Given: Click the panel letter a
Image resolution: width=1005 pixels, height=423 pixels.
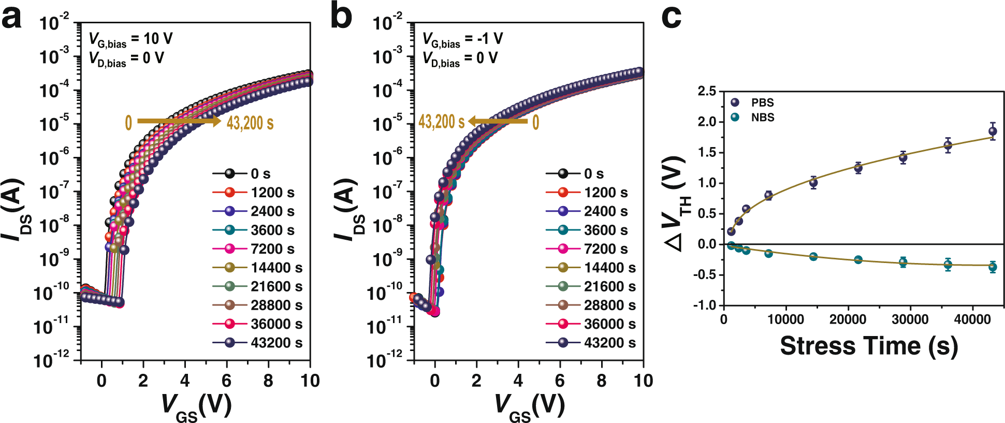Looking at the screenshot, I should [11, 19].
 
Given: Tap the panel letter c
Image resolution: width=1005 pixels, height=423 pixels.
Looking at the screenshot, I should [672, 19].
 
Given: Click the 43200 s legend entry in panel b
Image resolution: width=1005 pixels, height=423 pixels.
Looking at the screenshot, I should [590, 343].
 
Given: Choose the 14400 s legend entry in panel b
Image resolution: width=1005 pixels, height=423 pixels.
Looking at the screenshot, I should [590, 268].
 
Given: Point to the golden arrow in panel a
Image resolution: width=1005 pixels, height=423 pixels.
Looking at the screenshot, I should [179, 121].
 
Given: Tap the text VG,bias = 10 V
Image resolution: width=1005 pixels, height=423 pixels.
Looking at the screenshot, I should [130, 39].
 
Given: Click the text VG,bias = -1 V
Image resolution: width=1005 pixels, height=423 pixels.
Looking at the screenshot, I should [462, 39].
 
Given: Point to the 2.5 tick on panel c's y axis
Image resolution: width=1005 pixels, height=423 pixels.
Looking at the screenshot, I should [707, 91].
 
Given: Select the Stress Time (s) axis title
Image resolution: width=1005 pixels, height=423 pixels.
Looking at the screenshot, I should [868, 346].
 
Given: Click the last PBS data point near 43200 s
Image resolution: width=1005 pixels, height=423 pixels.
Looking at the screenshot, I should [993, 131].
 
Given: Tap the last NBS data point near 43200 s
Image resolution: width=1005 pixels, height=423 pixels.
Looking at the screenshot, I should [993, 267].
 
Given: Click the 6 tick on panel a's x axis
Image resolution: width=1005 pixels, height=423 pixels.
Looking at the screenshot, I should [226, 381].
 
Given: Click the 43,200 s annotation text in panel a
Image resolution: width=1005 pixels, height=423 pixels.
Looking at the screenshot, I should [250, 123].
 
